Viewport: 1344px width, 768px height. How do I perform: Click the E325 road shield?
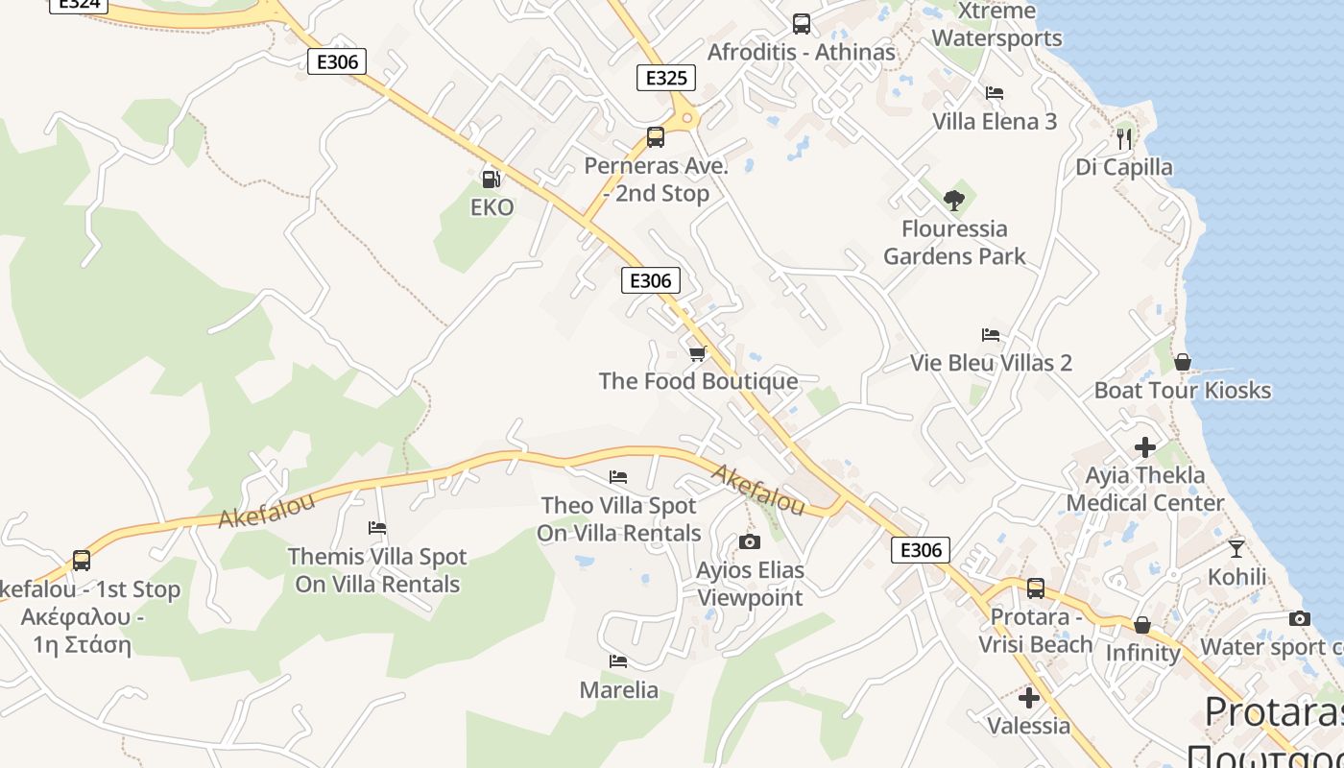[666, 78]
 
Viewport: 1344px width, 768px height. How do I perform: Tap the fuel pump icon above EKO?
[491, 179]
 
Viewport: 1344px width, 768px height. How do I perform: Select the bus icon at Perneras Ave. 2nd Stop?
[656, 137]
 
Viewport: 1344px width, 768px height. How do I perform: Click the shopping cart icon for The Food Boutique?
[698, 353]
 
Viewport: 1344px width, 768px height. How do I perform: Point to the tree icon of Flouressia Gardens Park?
[953, 200]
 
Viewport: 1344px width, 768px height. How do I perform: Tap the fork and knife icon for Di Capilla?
[1124, 139]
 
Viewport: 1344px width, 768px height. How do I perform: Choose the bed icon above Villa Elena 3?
[995, 93]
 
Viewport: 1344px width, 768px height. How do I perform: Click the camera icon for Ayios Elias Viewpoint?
[750, 542]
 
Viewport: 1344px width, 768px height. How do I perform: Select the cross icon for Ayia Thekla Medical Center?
[1144, 447]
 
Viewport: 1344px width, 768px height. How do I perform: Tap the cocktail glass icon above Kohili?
[1236, 549]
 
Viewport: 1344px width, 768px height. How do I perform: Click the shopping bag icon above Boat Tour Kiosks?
[1182, 362]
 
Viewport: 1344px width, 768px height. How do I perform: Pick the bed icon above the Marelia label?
[618, 661]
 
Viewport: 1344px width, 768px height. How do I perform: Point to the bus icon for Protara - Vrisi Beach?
[1035, 588]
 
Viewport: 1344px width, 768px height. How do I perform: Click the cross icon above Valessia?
[1029, 697]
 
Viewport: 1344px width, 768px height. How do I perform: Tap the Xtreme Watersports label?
[996, 25]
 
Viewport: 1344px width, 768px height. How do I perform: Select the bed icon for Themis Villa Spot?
[377, 528]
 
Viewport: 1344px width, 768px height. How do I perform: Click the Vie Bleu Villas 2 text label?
[991, 363]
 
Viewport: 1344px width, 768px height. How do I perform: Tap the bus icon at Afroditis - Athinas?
[801, 24]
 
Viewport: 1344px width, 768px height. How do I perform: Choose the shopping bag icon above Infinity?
[1142, 625]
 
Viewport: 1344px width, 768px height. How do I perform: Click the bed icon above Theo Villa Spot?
[618, 477]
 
